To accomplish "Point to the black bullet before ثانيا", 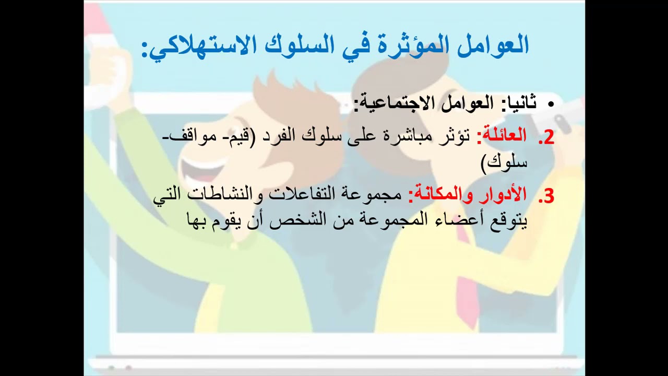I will (x=550, y=104).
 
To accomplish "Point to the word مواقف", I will (x=190, y=136).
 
